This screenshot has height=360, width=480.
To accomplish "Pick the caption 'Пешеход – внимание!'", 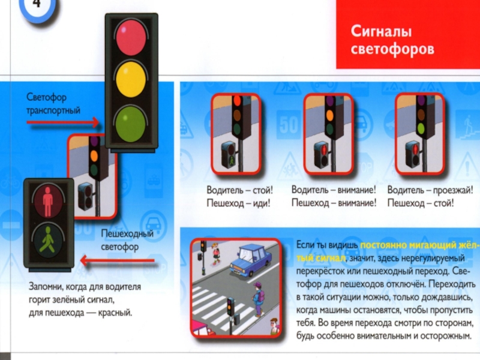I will [x=334, y=203].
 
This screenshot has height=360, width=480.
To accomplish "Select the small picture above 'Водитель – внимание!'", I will [x=332, y=132].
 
